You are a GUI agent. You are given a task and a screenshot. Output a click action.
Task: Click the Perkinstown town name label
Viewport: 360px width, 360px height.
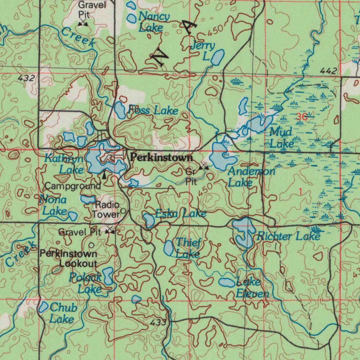pos(161,157)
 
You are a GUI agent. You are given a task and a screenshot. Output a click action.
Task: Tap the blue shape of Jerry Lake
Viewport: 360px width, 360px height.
pos(218,57)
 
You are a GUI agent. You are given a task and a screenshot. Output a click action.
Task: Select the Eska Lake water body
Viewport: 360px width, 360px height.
pos(149,220)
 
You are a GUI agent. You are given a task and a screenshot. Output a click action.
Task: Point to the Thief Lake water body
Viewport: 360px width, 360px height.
pos(169,248)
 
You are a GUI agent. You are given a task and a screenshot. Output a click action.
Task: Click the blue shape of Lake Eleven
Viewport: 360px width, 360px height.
pos(227,282)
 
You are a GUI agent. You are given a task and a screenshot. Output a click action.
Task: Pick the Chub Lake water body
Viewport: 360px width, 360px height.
pos(43,307)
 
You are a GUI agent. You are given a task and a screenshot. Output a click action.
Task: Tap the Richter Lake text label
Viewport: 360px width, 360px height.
pos(288,236)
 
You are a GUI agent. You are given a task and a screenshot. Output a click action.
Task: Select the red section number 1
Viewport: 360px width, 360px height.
pos(300,191)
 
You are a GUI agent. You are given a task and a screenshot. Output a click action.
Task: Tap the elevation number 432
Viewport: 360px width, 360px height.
pos(27,78)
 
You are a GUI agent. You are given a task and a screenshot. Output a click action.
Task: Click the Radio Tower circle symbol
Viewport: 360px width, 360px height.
pos(123,211)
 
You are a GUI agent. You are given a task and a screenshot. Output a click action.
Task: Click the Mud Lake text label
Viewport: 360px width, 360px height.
pos(281,138)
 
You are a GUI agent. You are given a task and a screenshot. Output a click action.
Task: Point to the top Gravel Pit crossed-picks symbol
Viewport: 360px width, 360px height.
pos(83,23)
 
